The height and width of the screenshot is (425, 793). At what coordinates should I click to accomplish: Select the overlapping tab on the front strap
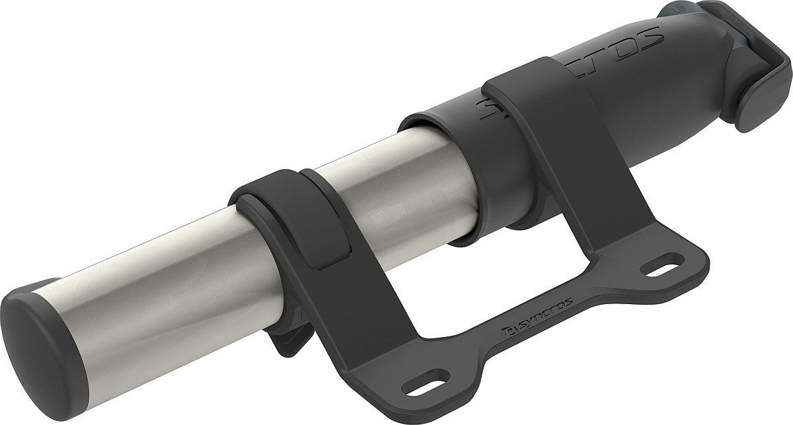click(330, 225)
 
